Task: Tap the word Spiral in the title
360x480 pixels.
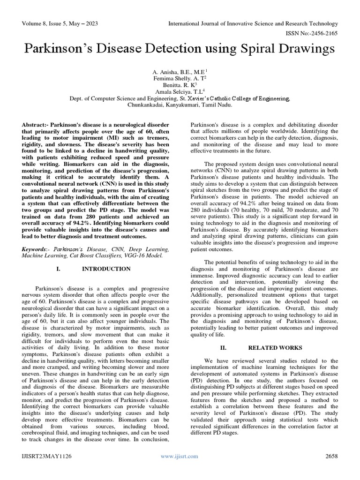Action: click(244, 49)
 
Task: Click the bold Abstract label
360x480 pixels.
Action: click(36, 127)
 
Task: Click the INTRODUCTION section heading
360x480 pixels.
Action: click(112, 269)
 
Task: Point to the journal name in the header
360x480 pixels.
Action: click(253, 23)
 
